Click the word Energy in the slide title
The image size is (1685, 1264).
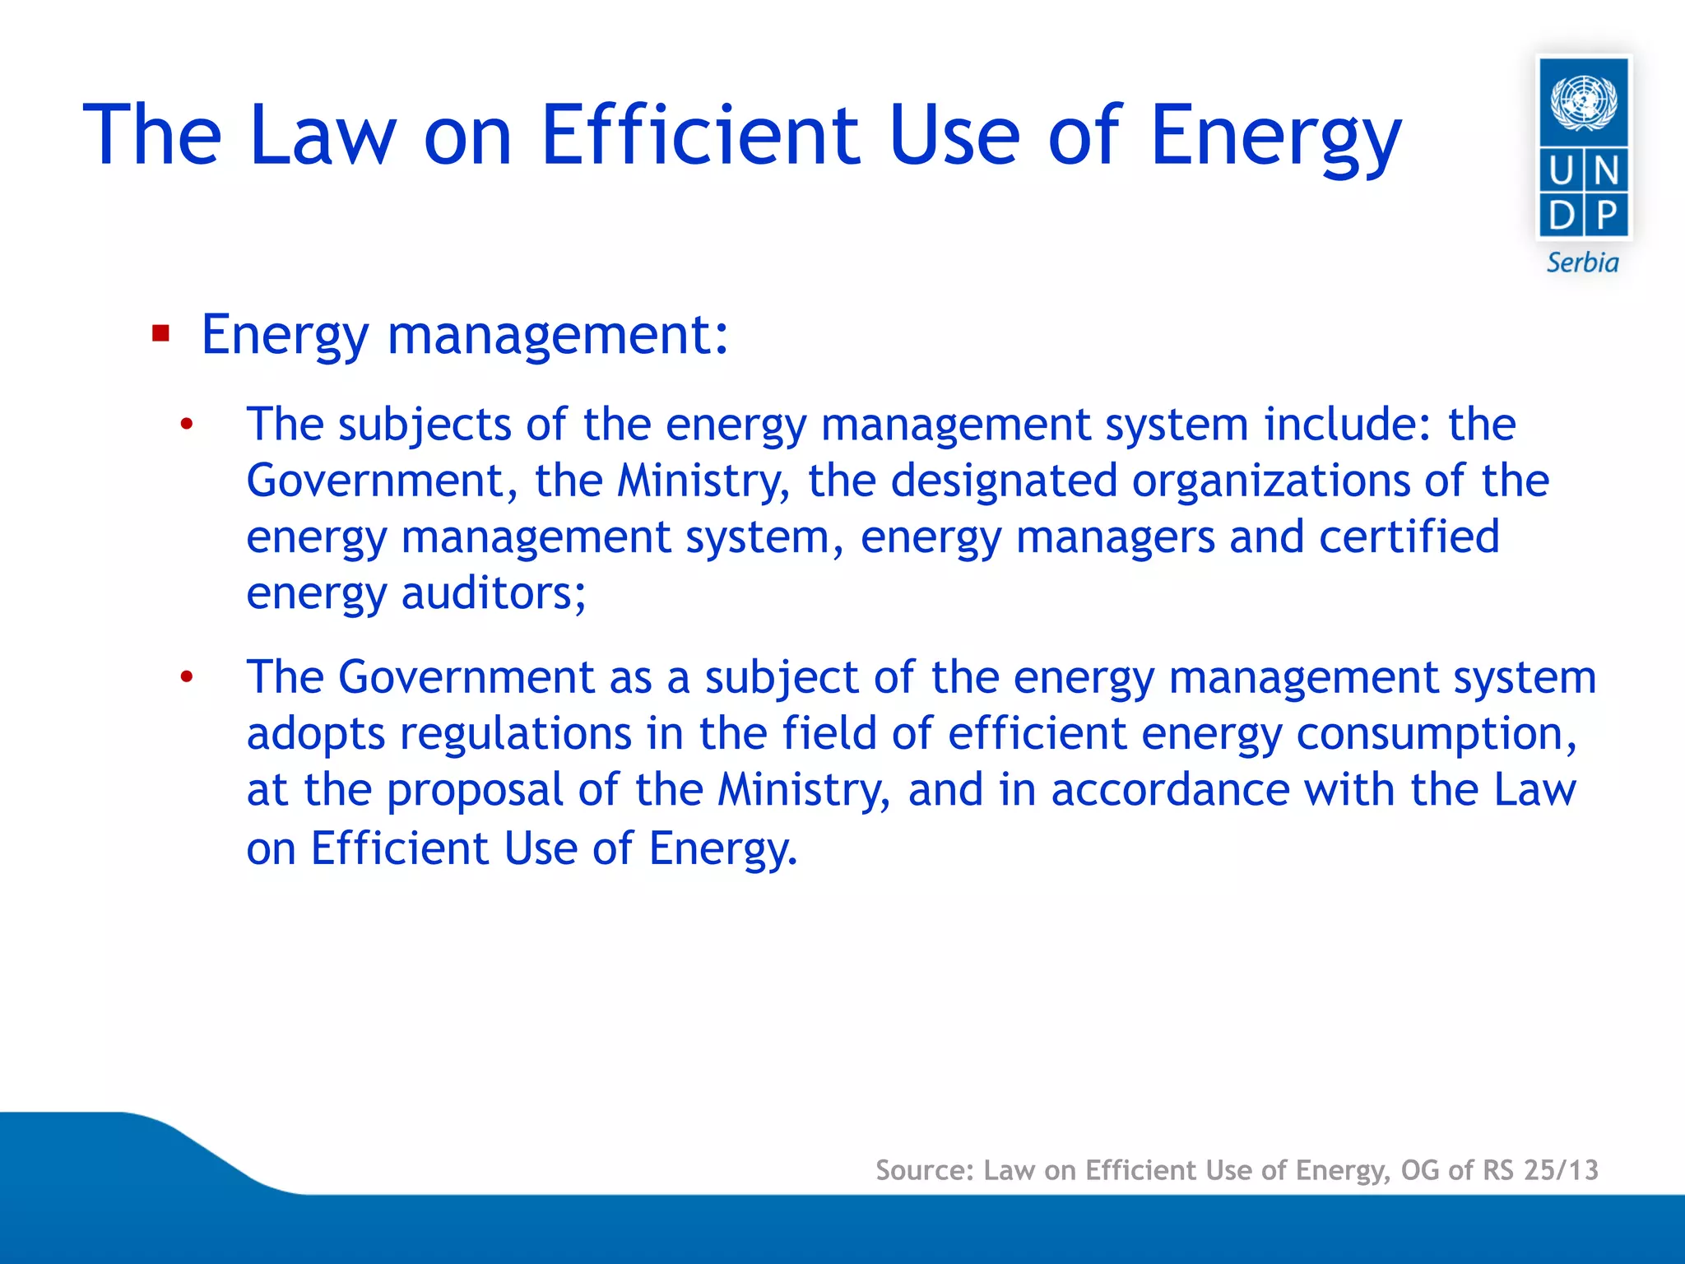[1274, 136]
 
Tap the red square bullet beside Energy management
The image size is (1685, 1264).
[160, 334]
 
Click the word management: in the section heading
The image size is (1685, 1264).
[558, 336]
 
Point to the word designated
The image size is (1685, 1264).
[1004, 481]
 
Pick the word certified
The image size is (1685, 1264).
[1409, 537]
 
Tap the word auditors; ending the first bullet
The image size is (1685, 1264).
[494, 593]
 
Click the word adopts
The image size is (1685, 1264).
[316, 734]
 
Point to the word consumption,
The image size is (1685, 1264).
[1437, 734]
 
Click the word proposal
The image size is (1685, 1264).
[475, 791]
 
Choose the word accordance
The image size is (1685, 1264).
[1170, 790]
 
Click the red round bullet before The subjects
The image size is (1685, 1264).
[187, 425]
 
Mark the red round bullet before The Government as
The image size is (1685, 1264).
[187, 678]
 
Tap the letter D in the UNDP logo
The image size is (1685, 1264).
[1561, 216]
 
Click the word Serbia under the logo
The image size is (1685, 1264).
[1582, 263]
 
